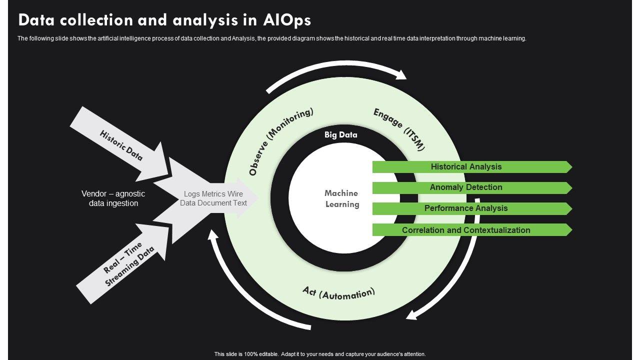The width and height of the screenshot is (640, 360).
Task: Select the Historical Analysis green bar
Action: (x=466, y=167)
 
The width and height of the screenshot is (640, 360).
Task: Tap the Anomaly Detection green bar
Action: (x=466, y=187)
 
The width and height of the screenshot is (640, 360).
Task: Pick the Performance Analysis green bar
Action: (x=466, y=208)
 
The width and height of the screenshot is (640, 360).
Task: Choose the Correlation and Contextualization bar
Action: (x=466, y=230)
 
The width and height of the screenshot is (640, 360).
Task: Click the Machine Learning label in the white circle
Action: (x=341, y=198)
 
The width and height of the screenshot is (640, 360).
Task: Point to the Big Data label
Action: (x=340, y=134)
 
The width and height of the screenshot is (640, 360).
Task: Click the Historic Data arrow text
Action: (x=121, y=145)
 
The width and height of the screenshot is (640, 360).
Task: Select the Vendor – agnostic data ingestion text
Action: (x=113, y=198)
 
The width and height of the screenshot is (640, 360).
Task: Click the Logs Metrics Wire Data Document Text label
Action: (x=213, y=198)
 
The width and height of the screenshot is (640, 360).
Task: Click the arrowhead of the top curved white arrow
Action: (x=400, y=74)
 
